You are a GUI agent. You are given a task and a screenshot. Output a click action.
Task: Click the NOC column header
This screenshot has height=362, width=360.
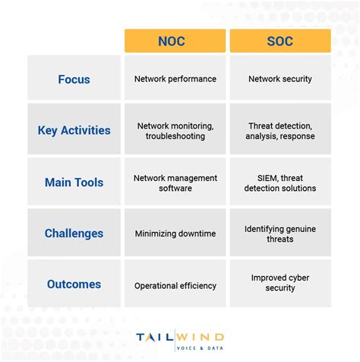(175, 41)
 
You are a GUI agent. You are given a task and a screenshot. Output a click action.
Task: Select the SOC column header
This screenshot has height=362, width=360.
(280, 41)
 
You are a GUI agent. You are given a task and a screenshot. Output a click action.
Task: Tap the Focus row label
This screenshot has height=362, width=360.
(74, 78)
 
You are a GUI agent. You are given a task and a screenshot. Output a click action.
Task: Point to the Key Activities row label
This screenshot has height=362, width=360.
(74, 130)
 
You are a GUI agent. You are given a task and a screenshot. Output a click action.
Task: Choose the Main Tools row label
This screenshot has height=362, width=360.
(74, 183)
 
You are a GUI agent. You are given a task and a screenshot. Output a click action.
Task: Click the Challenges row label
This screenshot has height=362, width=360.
(74, 233)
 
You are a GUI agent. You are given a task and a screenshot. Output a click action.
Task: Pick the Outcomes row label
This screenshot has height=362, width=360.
(74, 284)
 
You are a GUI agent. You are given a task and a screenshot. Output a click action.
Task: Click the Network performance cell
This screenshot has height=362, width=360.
(175, 78)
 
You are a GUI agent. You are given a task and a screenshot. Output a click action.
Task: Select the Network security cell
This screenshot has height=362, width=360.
(280, 78)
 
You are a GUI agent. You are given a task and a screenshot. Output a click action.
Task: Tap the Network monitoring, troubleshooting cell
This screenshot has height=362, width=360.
(175, 130)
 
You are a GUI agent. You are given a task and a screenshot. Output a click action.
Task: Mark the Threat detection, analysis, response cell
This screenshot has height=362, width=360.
(280, 130)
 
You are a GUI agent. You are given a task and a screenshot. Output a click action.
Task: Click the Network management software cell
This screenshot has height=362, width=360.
(175, 183)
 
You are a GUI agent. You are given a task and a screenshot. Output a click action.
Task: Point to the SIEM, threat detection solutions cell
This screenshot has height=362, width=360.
(280, 183)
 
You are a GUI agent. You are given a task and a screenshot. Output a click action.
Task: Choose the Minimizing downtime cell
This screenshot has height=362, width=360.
(175, 233)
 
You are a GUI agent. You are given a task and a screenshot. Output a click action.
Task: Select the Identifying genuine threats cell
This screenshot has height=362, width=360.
(280, 233)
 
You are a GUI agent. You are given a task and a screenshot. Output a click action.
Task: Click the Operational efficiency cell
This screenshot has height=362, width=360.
(175, 285)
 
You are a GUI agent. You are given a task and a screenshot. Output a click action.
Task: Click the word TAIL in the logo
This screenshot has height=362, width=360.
(154, 335)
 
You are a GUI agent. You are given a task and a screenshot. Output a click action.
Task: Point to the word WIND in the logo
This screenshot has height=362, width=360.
(200, 335)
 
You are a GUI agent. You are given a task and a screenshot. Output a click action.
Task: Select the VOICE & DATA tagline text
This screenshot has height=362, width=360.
(200, 348)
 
